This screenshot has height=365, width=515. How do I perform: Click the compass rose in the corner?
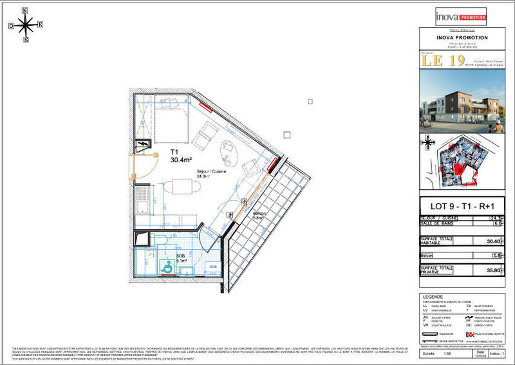pyautogui.click(x=25, y=25)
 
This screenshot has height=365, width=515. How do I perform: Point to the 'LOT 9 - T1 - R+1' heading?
pyautogui.click(x=462, y=207)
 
